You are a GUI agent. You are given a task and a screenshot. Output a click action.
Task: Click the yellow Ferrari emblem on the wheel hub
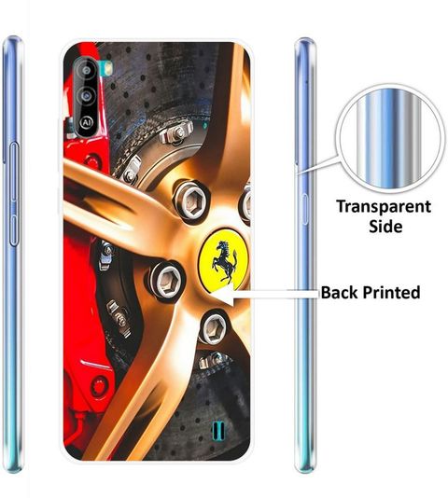223,258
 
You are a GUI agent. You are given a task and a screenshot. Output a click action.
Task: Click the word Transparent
384,207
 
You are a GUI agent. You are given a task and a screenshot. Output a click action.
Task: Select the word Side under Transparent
385,226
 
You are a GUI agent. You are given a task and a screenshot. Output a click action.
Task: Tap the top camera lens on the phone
86,70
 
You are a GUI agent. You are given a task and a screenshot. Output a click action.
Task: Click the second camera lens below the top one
86,96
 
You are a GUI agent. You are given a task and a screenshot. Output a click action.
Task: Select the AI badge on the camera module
86,122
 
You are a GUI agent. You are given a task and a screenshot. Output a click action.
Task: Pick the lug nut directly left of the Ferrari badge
166,280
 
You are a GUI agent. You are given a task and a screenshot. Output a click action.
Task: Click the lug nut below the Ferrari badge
214,328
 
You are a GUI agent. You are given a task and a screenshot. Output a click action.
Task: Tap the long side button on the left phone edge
13,195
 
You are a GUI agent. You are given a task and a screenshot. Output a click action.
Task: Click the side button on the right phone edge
304,210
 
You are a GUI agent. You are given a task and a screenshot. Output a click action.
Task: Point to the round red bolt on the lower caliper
99,386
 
